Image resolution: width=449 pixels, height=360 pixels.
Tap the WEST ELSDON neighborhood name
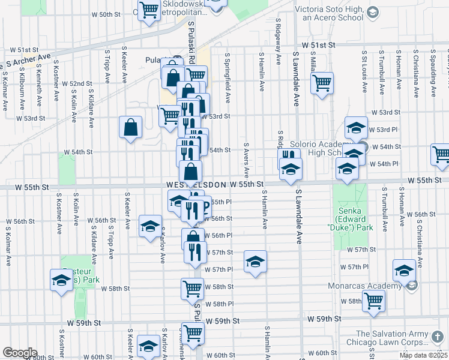(x=196, y=184)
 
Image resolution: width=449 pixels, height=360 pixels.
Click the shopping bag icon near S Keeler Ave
(x=130, y=127)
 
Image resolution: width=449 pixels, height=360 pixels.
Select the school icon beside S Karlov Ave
(x=149, y=226)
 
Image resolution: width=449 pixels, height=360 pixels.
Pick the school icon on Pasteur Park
(x=61, y=280)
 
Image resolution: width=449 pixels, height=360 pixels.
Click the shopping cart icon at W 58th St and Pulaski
(x=192, y=288)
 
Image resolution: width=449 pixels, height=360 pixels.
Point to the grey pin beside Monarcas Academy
(x=412, y=286)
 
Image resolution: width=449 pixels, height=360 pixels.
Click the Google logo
(x=20, y=353)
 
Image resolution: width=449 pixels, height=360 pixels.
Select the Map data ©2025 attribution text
(x=423, y=355)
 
